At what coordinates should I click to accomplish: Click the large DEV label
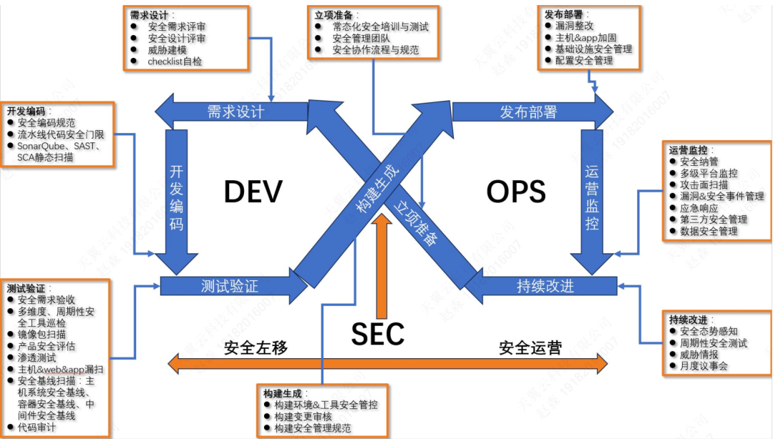pos(253,192)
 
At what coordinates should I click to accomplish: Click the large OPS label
pos(516,192)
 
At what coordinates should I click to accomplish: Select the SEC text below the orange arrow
pos(378,333)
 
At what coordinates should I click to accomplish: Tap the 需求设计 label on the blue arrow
pos(236,112)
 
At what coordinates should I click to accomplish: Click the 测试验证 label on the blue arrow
pos(229,287)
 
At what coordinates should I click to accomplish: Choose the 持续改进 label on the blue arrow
pos(545,287)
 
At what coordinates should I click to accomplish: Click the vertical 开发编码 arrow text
pos(176,198)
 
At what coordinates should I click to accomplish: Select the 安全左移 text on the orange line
pos(256,348)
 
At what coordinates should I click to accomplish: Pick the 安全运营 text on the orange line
pos(530,348)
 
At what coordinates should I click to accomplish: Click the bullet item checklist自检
pos(175,61)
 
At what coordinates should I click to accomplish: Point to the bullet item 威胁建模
pos(167,50)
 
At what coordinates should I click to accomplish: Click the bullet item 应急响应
pos(699,208)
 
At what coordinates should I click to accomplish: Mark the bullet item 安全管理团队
pos(361,39)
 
